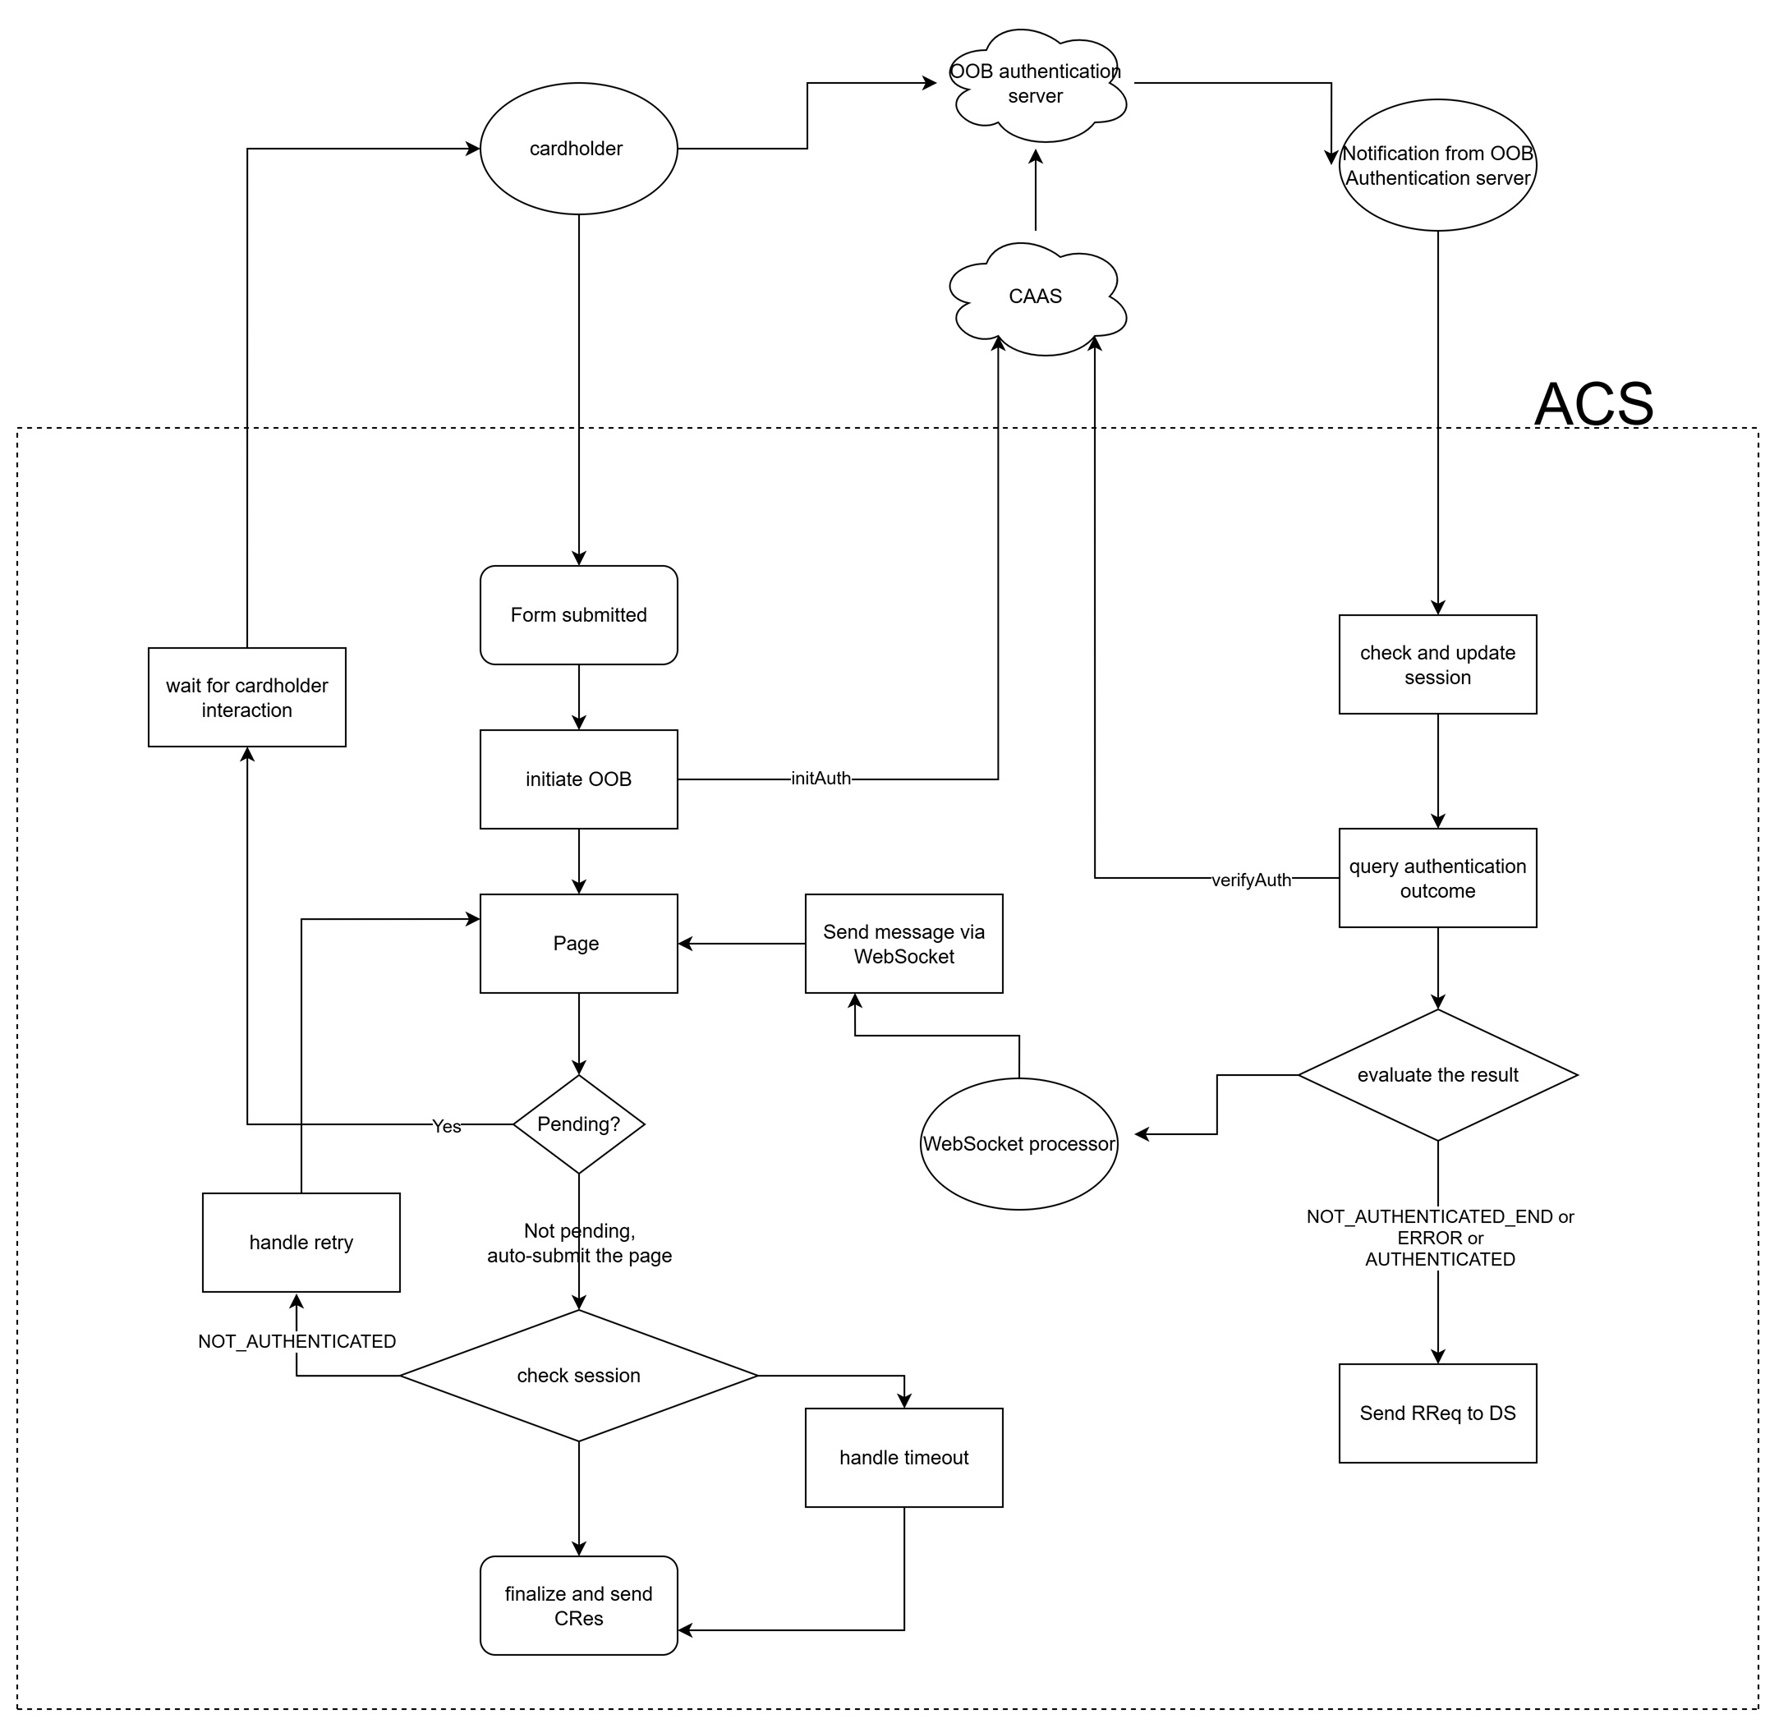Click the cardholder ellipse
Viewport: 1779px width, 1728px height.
578,149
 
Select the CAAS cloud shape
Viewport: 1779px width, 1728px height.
1036,296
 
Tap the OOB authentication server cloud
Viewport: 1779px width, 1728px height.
1036,84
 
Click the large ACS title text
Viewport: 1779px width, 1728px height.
1594,404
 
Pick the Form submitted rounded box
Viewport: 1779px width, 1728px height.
578,615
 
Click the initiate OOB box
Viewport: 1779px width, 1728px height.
578,779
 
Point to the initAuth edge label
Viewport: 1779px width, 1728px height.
821,779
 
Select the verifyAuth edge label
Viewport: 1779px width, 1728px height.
1251,880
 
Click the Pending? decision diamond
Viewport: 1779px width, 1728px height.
578,1124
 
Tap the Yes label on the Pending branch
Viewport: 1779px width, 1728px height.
447,1126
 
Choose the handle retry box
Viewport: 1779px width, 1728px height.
301,1243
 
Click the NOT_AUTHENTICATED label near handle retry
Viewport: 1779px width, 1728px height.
296,1341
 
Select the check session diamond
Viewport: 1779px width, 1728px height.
578,1376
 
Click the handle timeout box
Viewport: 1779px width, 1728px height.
904,1458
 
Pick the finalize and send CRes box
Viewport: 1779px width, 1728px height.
578,1606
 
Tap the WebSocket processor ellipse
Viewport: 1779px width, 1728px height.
1018,1144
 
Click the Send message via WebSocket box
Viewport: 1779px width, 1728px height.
904,944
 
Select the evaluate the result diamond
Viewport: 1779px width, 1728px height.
1437,1075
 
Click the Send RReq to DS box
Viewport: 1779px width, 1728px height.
1437,1413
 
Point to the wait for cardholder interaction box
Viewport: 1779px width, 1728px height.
247,698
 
